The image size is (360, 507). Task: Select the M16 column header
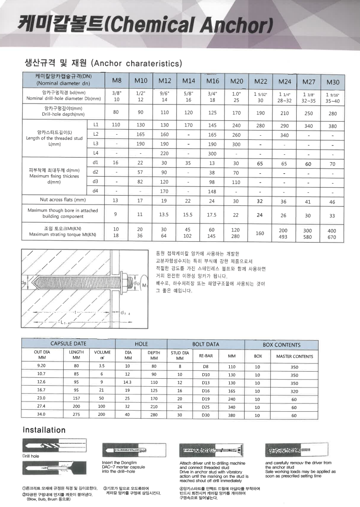213,81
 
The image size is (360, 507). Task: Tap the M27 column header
309,82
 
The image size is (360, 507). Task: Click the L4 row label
96,153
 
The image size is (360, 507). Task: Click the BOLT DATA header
206,344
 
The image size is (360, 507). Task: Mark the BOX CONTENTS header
281,345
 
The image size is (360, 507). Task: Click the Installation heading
45,430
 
